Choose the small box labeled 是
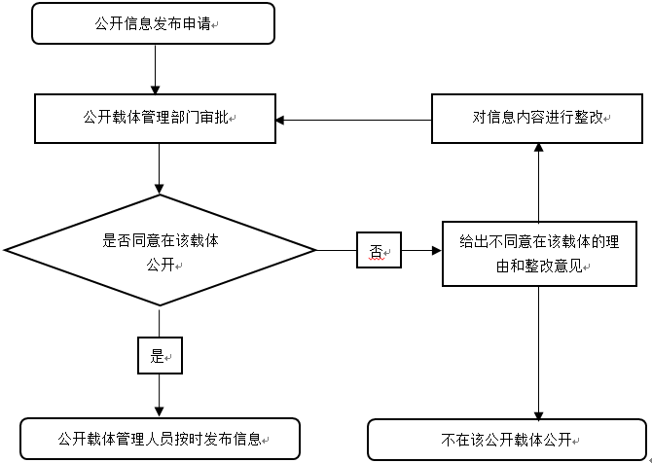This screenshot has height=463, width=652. point(160,357)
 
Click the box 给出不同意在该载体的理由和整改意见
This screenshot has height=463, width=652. point(539,252)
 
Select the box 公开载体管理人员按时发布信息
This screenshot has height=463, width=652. point(161,439)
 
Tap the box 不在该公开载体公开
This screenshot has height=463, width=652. point(506,439)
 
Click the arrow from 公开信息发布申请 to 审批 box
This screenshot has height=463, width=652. point(156,69)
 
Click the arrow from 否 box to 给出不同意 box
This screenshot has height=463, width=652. point(421,251)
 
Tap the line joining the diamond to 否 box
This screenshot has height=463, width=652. point(337,251)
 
